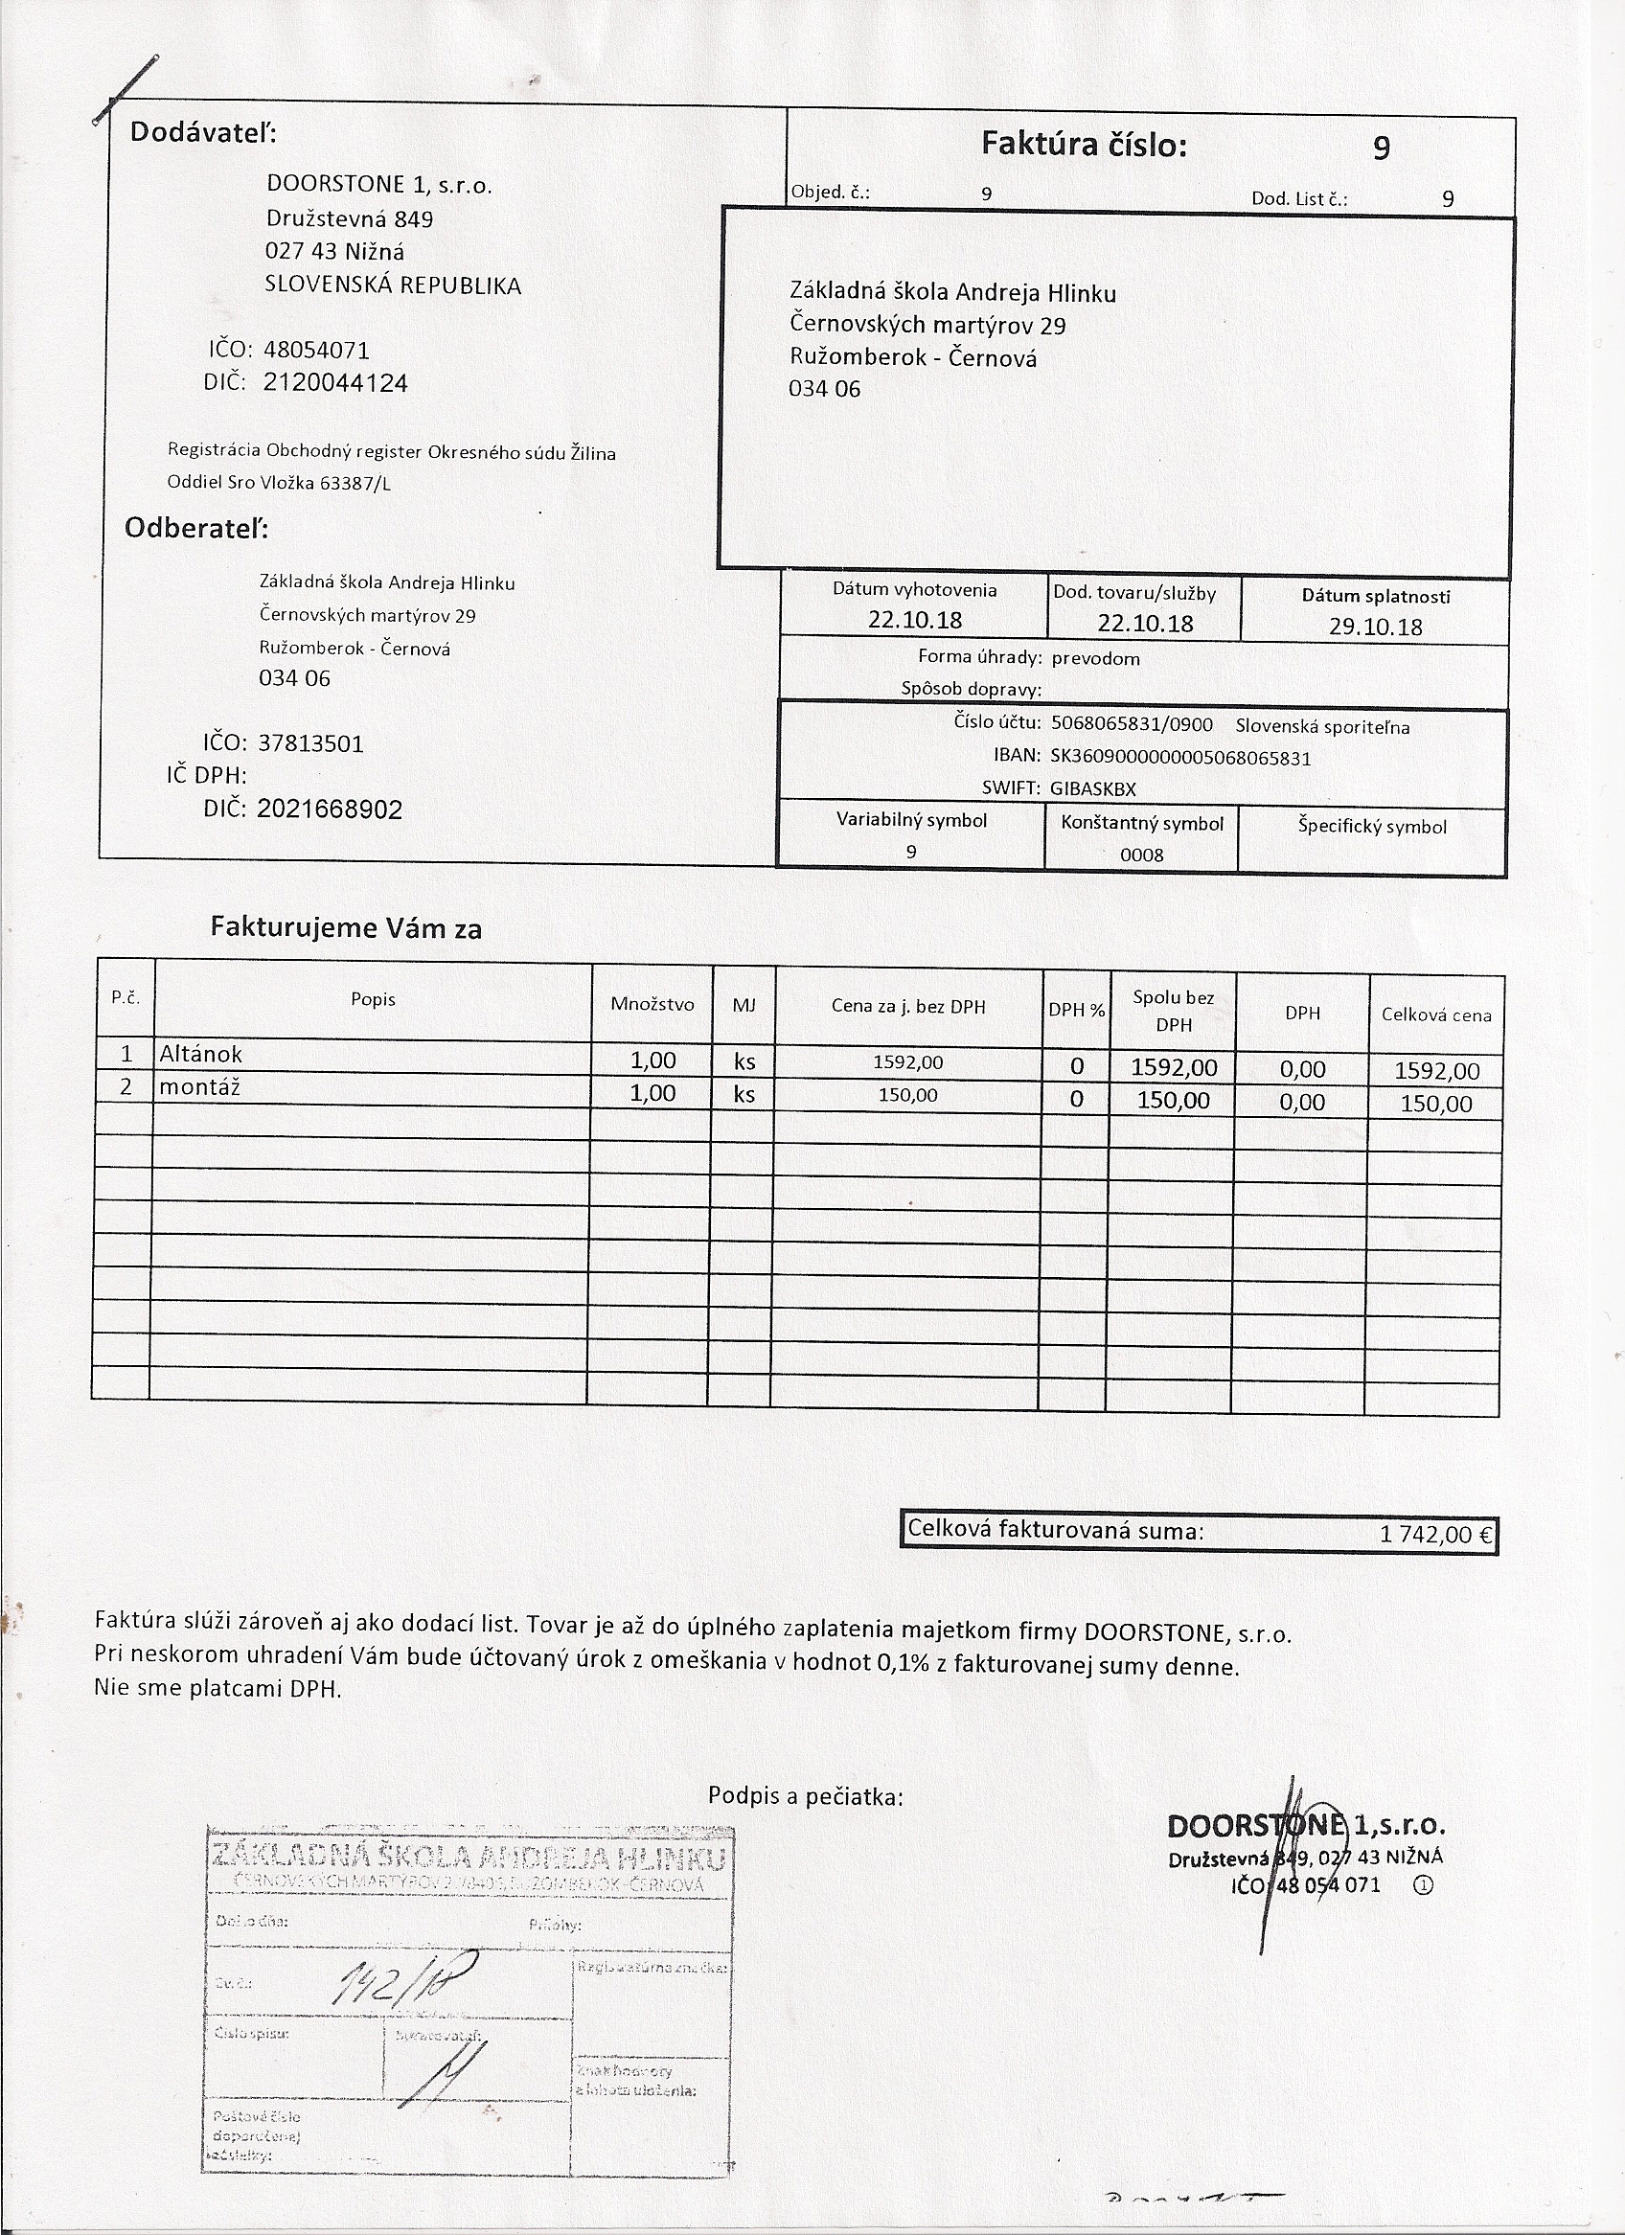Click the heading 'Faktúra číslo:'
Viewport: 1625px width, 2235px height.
pyautogui.click(x=1084, y=145)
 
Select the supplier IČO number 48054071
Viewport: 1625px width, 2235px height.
pyautogui.click(x=316, y=350)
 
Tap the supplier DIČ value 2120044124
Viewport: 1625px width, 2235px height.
pyautogui.click(x=335, y=383)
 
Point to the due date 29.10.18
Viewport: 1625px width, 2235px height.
pyautogui.click(x=1375, y=627)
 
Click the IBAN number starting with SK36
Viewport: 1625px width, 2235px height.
pyautogui.click(x=1180, y=758)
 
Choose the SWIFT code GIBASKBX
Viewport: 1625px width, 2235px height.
pyautogui.click(x=1093, y=788)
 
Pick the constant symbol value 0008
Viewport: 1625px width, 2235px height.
pyautogui.click(x=1141, y=855)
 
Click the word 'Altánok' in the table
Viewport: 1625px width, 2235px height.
pyautogui.click(x=201, y=1055)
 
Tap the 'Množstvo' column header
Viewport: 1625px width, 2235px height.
pyautogui.click(x=652, y=1004)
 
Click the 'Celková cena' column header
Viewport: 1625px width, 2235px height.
pyautogui.click(x=1436, y=1015)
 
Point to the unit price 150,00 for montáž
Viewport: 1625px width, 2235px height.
pyautogui.click(x=907, y=1096)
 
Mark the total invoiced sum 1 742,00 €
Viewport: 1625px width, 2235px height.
pyautogui.click(x=1437, y=1535)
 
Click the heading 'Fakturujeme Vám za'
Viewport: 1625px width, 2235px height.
pyautogui.click(x=346, y=928)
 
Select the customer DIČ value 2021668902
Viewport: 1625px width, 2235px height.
pyautogui.click(x=330, y=810)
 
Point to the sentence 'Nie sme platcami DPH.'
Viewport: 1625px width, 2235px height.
pyautogui.click(x=217, y=1688)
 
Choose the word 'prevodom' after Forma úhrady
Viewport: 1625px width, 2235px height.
pyautogui.click(x=1095, y=658)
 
